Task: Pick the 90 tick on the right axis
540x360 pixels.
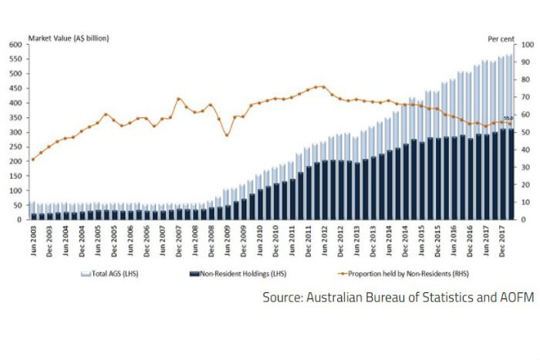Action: pyautogui.click(x=525, y=62)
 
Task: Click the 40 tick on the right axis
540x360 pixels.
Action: pyautogui.click(x=525, y=150)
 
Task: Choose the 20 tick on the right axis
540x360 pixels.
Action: pyautogui.click(x=525, y=185)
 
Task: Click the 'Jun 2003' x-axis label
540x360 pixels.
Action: pyautogui.click(x=32, y=240)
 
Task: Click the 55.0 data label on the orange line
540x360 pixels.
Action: pyautogui.click(x=508, y=118)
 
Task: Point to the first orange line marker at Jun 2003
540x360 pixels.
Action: pyautogui.click(x=32, y=159)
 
